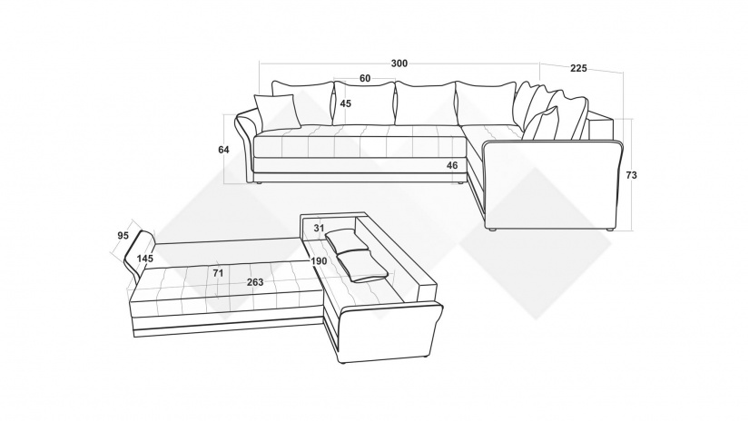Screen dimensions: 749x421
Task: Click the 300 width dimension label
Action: pyautogui.click(x=399, y=64)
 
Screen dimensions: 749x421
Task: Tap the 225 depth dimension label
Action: pyautogui.click(x=578, y=68)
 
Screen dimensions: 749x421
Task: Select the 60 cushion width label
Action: pyautogui.click(x=365, y=78)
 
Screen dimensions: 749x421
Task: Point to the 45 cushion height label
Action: pyautogui.click(x=346, y=103)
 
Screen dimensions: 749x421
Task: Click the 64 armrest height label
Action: pyautogui.click(x=223, y=150)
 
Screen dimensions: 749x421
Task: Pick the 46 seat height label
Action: pyautogui.click(x=452, y=166)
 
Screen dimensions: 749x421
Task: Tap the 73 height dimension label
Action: pyautogui.click(x=631, y=176)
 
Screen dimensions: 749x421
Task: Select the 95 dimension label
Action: pyautogui.click(x=123, y=235)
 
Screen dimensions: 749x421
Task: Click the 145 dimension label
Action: pyautogui.click(x=144, y=259)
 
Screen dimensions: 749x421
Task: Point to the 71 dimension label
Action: pyautogui.click(x=218, y=273)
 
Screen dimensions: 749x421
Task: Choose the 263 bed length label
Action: pyautogui.click(x=255, y=282)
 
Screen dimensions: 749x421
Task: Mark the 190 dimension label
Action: pyautogui.click(x=319, y=261)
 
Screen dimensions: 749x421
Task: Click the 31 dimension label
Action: pyautogui.click(x=319, y=229)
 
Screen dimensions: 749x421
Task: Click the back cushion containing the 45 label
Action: pyautogui.click(x=364, y=103)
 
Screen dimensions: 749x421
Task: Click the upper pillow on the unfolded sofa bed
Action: pyautogui.click(x=348, y=240)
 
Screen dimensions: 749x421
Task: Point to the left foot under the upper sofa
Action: pyautogui.click(x=258, y=182)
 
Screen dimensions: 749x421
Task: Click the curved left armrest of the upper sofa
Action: pyautogui.click(x=245, y=143)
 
